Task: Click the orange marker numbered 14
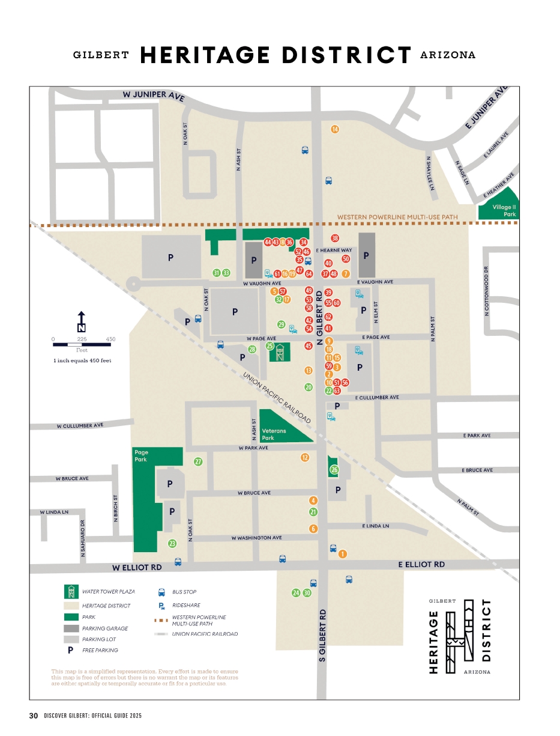[x=335, y=129]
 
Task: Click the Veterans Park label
[x=274, y=434]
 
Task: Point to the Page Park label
[x=142, y=456]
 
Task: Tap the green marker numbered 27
[x=198, y=462]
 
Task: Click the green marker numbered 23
[x=172, y=544]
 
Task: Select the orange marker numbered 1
[x=343, y=553]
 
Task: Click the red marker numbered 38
[x=335, y=239]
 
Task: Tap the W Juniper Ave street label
[x=153, y=95]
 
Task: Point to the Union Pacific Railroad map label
[x=277, y=397]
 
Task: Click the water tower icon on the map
[x=280, y=353]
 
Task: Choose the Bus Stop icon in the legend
[x=161, y=592]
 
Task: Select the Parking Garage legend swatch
[x=71, y=628]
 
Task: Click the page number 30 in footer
[x=34, y=716]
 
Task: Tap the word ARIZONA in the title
[x=448, y=55]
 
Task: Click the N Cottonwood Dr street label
[x=487, y=291]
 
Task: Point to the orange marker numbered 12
[x=305, y=457]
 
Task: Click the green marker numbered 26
[x=334, y=469]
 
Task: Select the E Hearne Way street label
[x=334, y=250]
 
